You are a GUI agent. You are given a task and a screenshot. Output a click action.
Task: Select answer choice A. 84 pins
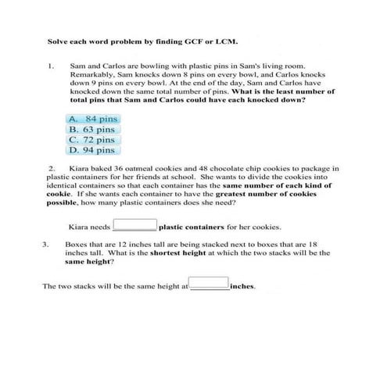(92, 119)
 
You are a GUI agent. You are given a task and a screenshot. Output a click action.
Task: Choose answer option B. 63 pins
(92, 129)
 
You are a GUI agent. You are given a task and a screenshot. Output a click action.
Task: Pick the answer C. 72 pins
(92, 139)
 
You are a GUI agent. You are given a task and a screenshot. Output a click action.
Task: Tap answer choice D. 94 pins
(92, 149)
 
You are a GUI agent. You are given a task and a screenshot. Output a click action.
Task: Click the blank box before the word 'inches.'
(209, 284)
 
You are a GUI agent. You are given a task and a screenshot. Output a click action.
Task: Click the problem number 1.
(51, 67)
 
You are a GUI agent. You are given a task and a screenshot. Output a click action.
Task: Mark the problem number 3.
(46, 244)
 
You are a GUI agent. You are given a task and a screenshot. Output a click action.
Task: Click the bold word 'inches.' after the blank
(244, 286)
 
